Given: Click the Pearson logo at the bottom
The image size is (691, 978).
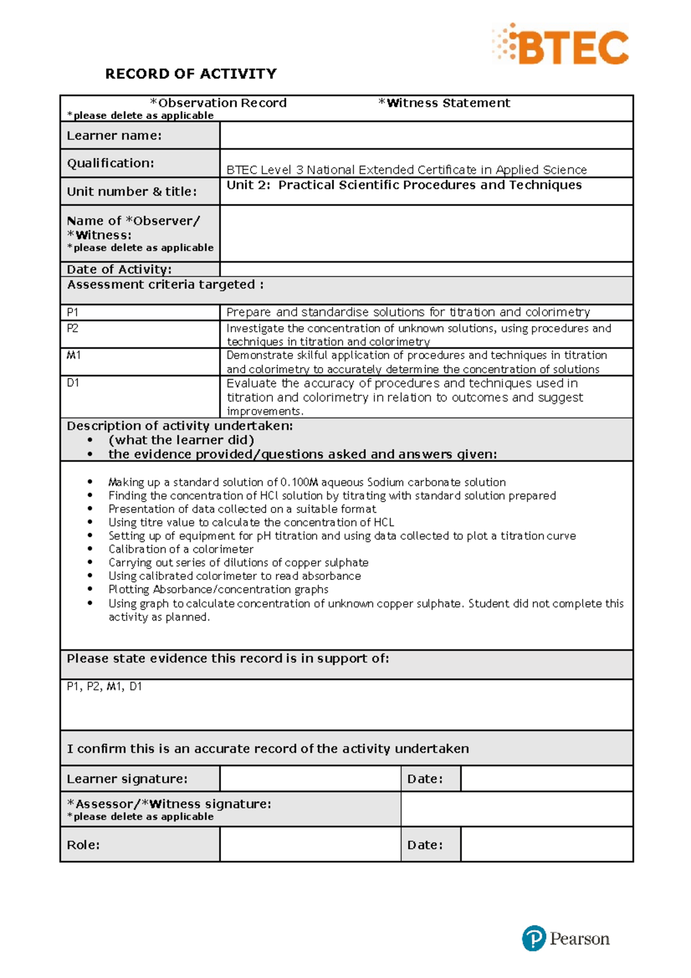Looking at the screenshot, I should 566,938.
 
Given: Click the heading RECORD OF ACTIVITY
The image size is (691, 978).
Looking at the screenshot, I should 191,74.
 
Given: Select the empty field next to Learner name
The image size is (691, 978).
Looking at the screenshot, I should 426,135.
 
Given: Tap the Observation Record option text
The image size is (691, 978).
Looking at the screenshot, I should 219,103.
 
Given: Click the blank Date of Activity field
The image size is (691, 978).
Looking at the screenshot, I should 426,269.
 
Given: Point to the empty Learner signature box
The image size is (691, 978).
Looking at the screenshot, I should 310,779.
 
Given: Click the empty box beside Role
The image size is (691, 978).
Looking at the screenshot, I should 310,844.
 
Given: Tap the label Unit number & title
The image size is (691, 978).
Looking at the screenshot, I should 132,191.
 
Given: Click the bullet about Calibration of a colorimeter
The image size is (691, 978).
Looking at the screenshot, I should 181,549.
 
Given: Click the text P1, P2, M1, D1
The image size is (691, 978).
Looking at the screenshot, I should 104,687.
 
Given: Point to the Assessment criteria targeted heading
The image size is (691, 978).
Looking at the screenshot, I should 165,285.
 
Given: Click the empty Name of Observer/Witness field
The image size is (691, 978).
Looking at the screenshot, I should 426,233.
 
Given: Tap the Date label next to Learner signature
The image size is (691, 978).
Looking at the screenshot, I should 425,779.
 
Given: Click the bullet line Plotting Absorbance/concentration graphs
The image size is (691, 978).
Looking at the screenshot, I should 218,589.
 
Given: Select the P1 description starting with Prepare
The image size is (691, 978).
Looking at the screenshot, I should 408,312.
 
